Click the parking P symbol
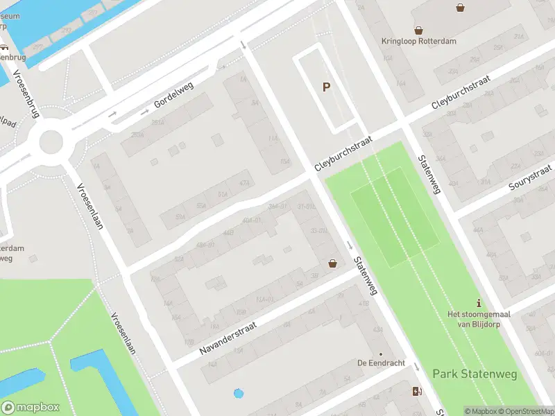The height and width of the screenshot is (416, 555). [x=325, y=87]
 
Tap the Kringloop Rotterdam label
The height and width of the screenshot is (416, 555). [x=419, y=41]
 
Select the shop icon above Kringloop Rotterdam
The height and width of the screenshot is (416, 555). [x=418, y=30]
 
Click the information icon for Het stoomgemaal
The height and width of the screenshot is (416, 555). [x=478, y=304]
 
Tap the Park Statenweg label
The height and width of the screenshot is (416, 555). [x=475, y=374]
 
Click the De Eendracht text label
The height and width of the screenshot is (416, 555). [x=380, y=363]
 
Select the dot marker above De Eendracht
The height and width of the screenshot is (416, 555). [x=380, y=354]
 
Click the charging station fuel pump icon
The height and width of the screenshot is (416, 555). [x=416, y=391]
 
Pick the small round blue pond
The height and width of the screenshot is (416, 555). [x=239, y=393]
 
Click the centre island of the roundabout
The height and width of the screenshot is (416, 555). [x=51, y=143]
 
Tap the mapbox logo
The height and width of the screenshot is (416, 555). [x=30, y=407]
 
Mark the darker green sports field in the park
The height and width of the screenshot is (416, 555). [x=395, y=217]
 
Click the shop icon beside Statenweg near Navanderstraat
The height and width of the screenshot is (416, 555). [x=333, y=263]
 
